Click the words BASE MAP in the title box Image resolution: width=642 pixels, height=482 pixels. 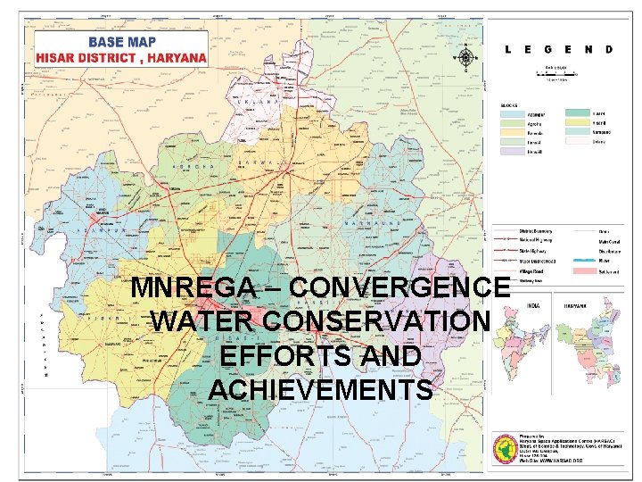click(121, 42)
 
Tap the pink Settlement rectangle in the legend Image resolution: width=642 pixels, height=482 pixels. click(584, 269)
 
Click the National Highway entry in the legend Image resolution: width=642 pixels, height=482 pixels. click(535, 238)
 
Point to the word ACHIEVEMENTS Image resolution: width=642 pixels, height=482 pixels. click(320, 389)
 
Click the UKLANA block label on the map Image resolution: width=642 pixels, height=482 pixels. click(259, 103)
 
